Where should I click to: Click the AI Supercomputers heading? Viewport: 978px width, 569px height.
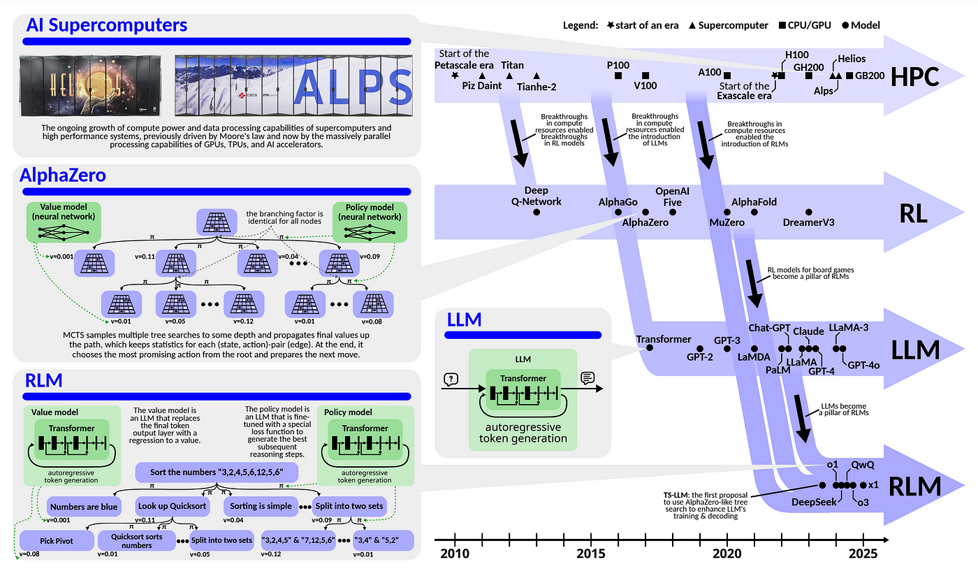click(x=106, y=26)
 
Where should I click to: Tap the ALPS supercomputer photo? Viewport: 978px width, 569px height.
click(x=294, y=86)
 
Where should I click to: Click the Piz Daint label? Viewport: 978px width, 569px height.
click(x=482, y=86)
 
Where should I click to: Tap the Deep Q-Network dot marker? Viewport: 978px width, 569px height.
click(x=537, y=210)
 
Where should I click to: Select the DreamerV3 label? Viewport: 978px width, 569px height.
click(x=809, y=223)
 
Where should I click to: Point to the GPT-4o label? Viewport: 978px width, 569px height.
click(x=864, y=364)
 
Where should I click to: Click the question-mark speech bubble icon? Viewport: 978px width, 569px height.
click(x=451, y=379)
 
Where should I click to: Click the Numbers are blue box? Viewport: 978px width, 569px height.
click(x=83, y=505)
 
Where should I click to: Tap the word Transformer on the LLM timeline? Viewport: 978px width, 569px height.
click(x=663, y=339)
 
